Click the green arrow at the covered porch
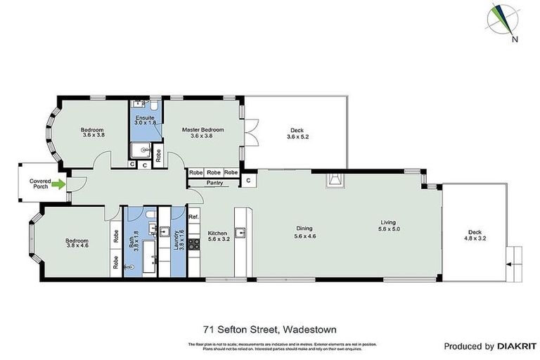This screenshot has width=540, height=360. (61, 185)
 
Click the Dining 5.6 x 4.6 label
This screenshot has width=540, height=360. (304, 232)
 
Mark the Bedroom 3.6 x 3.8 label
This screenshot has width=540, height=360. (92, 133)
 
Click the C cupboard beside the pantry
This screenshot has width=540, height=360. (247, 181)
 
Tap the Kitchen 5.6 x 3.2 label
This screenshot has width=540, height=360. (217, 236)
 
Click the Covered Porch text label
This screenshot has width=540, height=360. (40, 184)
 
